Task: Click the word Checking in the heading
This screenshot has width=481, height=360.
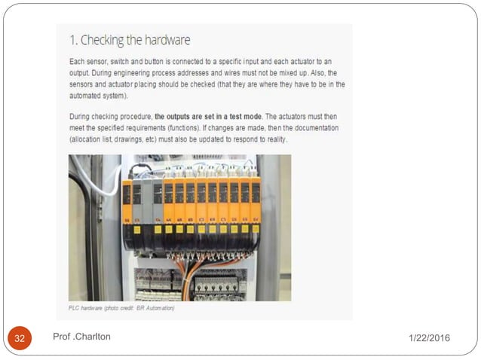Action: (103, 40)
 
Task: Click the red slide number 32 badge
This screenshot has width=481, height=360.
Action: (20, 338)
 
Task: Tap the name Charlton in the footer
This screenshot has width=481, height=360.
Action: (93, 337)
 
